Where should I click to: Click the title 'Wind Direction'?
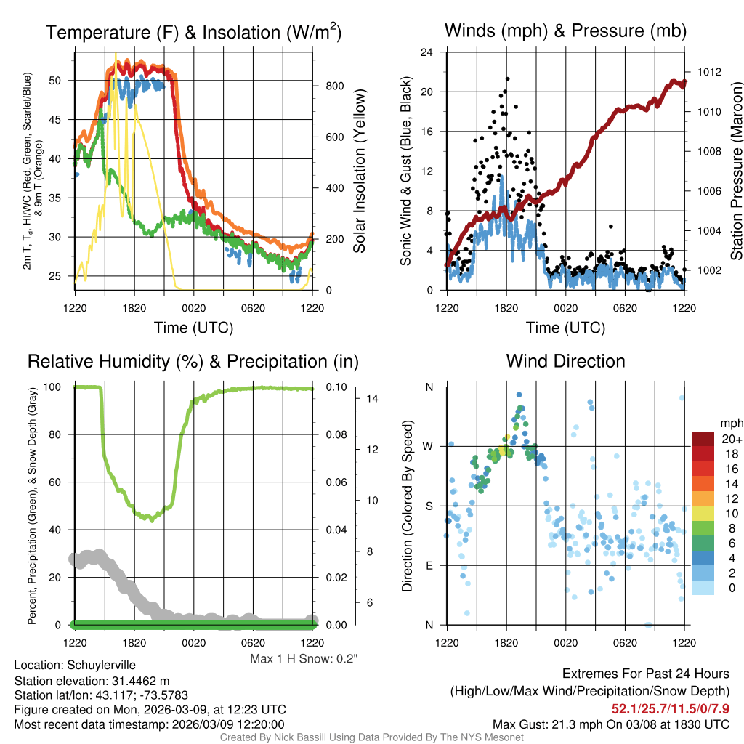565,361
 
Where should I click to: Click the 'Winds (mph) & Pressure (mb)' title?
565,31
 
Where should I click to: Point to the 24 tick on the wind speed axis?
428,52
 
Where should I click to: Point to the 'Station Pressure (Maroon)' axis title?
736,171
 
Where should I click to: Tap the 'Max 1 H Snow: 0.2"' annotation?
304,658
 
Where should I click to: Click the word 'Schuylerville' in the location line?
101,665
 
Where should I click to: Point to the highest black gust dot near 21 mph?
507,79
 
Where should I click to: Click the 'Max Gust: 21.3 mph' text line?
610,724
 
